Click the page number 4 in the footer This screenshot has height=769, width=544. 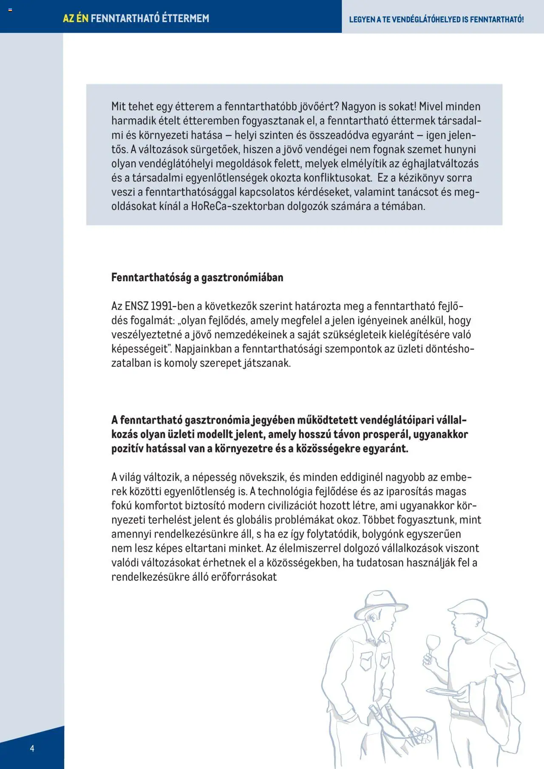[x=32, y=748]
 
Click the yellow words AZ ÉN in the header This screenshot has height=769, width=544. [x=76, y=18]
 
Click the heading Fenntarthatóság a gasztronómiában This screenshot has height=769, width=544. [x=197, y=277]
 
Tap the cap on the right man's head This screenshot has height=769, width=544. [x=467, y=607]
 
